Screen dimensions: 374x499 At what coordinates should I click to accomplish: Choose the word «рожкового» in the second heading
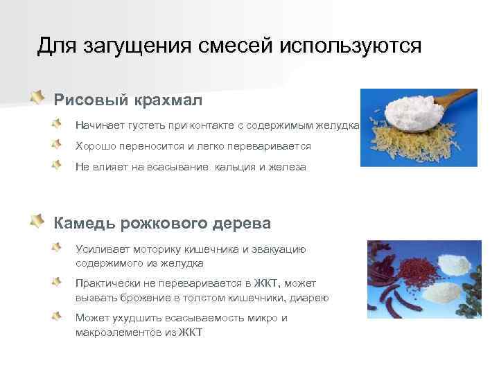click(162, 223)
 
